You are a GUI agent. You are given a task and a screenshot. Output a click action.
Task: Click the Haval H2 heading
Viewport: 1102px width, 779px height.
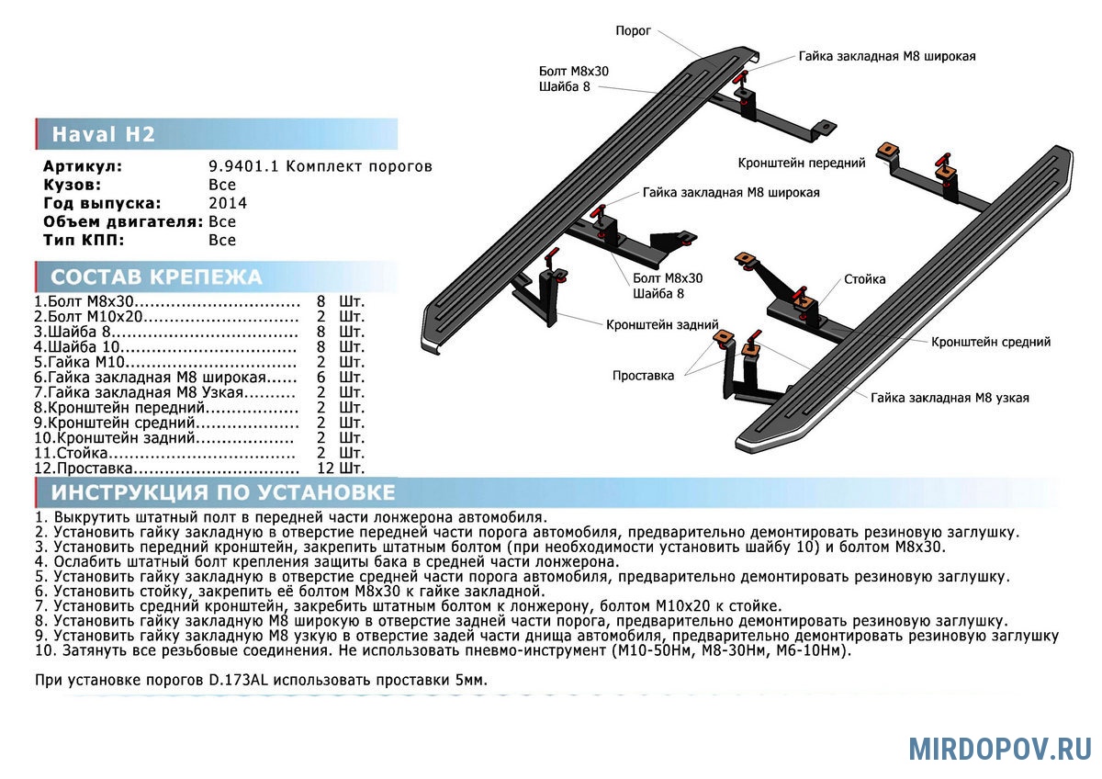[103, 134]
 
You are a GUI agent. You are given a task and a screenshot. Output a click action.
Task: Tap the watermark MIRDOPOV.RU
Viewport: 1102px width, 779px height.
[1000, 749]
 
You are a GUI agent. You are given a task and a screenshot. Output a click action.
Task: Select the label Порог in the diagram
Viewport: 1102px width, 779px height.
[633, 31]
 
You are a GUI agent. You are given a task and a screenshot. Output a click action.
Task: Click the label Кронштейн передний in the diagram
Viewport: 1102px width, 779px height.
[802, 163]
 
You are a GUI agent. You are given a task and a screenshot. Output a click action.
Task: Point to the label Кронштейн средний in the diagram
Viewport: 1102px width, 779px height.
[991, 342]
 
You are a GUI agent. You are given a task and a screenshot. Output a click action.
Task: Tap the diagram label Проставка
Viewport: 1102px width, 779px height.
[644, 375]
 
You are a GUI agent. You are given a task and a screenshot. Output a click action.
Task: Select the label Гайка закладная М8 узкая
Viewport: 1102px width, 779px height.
[950, 398]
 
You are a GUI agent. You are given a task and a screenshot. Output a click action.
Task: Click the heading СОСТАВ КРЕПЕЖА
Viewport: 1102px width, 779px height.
[156, 277]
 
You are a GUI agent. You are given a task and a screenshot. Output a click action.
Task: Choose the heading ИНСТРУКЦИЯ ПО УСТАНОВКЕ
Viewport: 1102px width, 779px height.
[223, 492]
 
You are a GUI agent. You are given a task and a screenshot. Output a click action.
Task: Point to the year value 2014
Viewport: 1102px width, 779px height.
[228, 203]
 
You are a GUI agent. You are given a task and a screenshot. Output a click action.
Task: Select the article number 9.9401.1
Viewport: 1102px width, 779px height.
[245, 166]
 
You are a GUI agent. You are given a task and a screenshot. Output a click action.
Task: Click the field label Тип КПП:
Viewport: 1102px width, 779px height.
[82, 240]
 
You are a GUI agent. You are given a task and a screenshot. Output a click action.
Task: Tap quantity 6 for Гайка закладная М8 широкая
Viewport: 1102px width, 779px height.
[321, 377]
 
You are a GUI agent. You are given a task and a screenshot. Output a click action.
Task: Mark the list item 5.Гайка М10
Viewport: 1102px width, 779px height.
[79, 362]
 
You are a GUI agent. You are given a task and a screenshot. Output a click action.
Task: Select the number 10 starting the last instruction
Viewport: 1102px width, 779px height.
[44, 650]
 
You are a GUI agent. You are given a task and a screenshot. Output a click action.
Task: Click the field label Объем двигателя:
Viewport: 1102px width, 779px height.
[123, 221]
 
